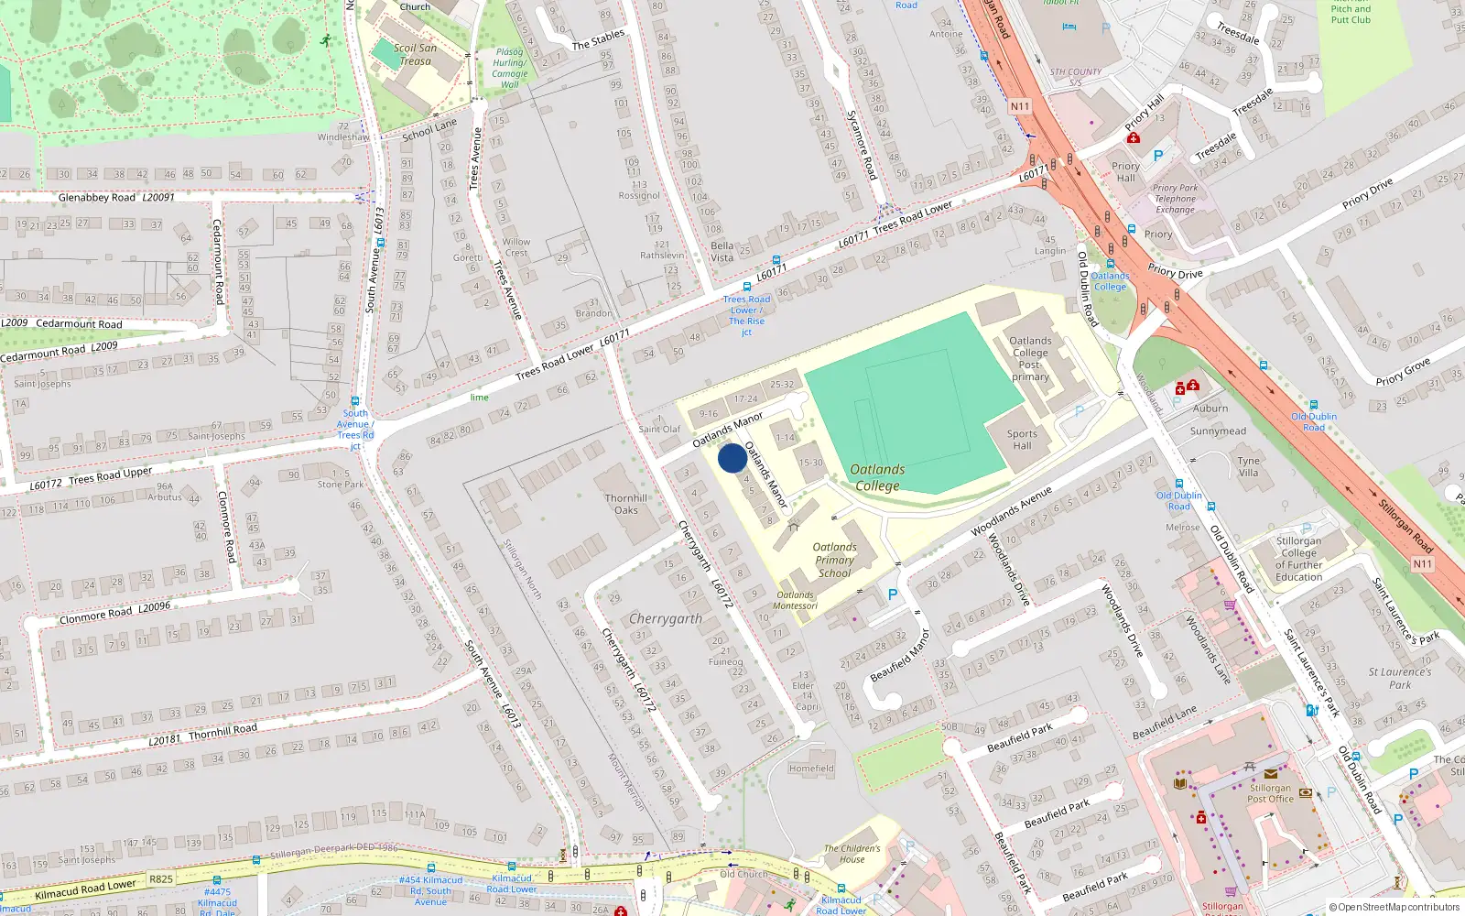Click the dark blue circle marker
click(732, 458)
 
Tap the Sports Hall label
click(1022, 440)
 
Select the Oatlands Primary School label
click(834, 560)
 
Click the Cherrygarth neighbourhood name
click(666, 619)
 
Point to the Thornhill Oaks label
click(626, 504)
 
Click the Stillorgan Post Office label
click(1270, 793)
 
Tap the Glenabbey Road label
click(97, 198)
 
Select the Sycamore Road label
click(861, 145)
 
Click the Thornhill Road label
click(222, 731)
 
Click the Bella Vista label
click(722, 252)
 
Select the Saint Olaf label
click(659, 429)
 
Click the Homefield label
click(810, 769)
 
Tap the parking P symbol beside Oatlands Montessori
click(893, 594)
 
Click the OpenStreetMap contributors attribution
click(1394, 907)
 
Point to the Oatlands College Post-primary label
click(1030, 358)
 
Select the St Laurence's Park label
click(1399, 678)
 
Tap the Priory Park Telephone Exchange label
click(1175, 199)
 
